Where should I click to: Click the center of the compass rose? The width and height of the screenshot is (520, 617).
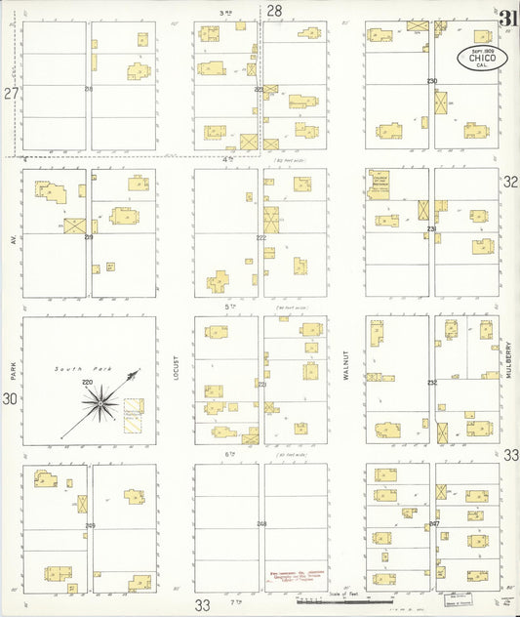100,401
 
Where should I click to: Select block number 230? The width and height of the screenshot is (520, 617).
431,81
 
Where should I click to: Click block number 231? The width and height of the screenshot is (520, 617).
431,229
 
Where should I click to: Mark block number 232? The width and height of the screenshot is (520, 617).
431,383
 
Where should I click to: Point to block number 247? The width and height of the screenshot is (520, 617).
434,524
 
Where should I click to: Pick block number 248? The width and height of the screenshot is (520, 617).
261,524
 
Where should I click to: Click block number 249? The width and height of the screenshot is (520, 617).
90,526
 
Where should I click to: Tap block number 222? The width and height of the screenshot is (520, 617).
260,238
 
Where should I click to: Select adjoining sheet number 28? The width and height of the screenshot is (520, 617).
274,11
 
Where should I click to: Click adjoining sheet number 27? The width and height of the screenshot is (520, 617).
11,94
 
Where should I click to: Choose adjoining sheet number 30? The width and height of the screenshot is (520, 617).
10,398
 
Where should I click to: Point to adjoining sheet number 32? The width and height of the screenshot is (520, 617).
510,181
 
